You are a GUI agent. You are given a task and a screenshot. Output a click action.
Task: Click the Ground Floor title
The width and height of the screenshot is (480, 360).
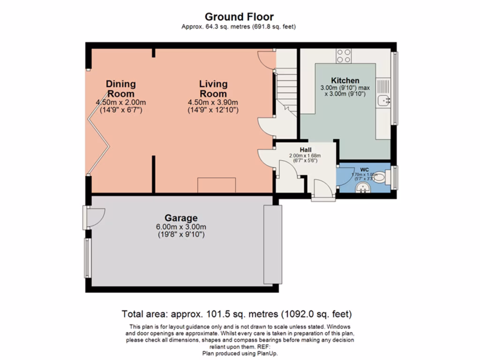coord(239,17)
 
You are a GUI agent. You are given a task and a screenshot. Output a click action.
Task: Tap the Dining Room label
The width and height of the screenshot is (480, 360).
coord(120,89)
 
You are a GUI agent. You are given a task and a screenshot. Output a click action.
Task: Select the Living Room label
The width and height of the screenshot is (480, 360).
coord(213,89)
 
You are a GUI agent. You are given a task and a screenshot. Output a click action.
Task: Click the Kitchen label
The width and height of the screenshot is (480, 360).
coord(345,81)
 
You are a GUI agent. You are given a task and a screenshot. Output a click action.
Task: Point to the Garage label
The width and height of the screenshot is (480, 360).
coord(181,218)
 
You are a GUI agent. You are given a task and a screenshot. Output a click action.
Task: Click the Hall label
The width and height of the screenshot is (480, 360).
coord(306,150)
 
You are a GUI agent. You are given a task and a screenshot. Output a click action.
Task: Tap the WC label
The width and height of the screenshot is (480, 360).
coord(365,169)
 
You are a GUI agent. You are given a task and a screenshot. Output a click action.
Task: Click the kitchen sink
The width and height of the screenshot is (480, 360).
coord(383,99)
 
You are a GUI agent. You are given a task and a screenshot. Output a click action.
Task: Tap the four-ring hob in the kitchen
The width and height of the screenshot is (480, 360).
coord(344,56)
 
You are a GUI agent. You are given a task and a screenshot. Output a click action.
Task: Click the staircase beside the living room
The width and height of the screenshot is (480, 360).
coord(285,89)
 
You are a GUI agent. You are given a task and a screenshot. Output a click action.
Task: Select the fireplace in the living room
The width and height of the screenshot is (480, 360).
coord(216,185)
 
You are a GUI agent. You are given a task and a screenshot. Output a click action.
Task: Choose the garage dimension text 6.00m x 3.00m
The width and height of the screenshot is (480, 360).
coord(181,226)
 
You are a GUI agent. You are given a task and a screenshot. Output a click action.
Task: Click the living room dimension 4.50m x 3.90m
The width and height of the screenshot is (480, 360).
coord(213,103)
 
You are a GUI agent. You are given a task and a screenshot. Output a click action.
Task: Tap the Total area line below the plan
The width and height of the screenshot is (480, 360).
coord(237,314)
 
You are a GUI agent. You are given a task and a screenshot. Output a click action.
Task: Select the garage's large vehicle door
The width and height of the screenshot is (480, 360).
coord(272,244)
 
